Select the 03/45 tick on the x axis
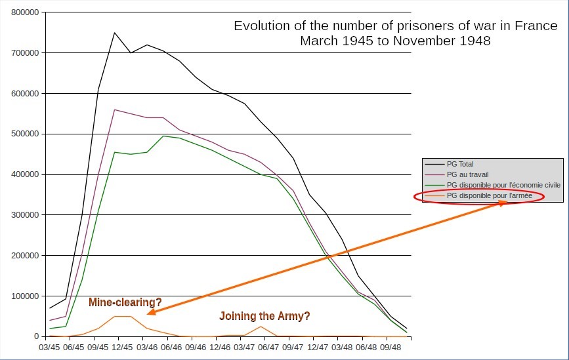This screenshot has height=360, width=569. pos(50,348)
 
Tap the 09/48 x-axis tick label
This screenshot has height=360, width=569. pos(391,348)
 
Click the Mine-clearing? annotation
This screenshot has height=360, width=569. pos(125,302)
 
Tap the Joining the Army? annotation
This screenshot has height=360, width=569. pos(264,316)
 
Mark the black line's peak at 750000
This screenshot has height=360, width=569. pos(115,33)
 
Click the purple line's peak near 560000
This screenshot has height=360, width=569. pos(115,110)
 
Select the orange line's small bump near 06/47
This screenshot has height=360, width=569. pos(261,327)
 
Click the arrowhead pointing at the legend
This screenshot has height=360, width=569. pos(503,203)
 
